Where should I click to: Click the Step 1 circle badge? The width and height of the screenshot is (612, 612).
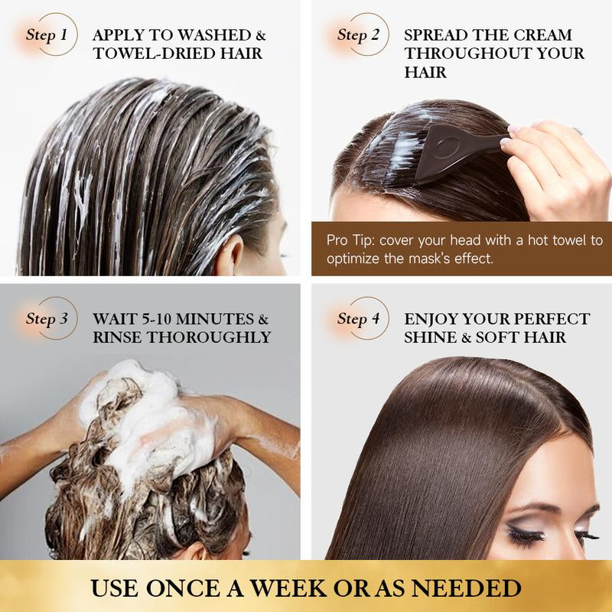(53, 34)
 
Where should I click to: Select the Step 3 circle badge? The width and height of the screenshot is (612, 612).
(53, 318)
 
